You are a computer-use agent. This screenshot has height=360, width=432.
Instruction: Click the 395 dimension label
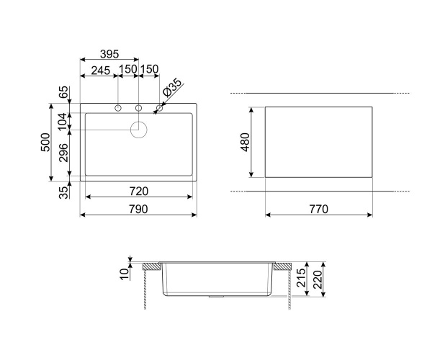(109, 54)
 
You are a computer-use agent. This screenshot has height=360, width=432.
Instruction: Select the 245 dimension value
(101, 71)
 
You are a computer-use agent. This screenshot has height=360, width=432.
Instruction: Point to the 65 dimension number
(63, 92)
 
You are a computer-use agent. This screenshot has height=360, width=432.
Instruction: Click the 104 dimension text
(63, 121)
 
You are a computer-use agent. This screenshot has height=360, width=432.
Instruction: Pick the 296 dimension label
(63, 153)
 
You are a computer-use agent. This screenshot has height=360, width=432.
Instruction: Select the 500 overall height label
(45, 142)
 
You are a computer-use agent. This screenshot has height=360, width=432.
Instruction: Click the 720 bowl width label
(139, 191)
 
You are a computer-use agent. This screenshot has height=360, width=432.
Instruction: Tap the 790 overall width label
(138, 210)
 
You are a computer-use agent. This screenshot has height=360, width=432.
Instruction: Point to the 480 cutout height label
(245, 142)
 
